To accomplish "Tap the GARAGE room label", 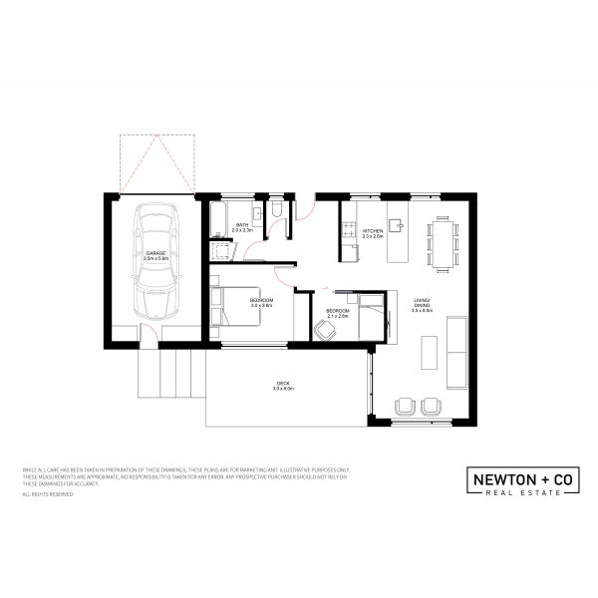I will click(155, 255).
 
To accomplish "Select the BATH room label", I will click(241, 226).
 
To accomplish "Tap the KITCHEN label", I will click(372, 231).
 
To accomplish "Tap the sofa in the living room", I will click(456, 351).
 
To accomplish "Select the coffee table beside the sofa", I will click(430, 352).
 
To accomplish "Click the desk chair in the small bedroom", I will click(327, 328).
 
